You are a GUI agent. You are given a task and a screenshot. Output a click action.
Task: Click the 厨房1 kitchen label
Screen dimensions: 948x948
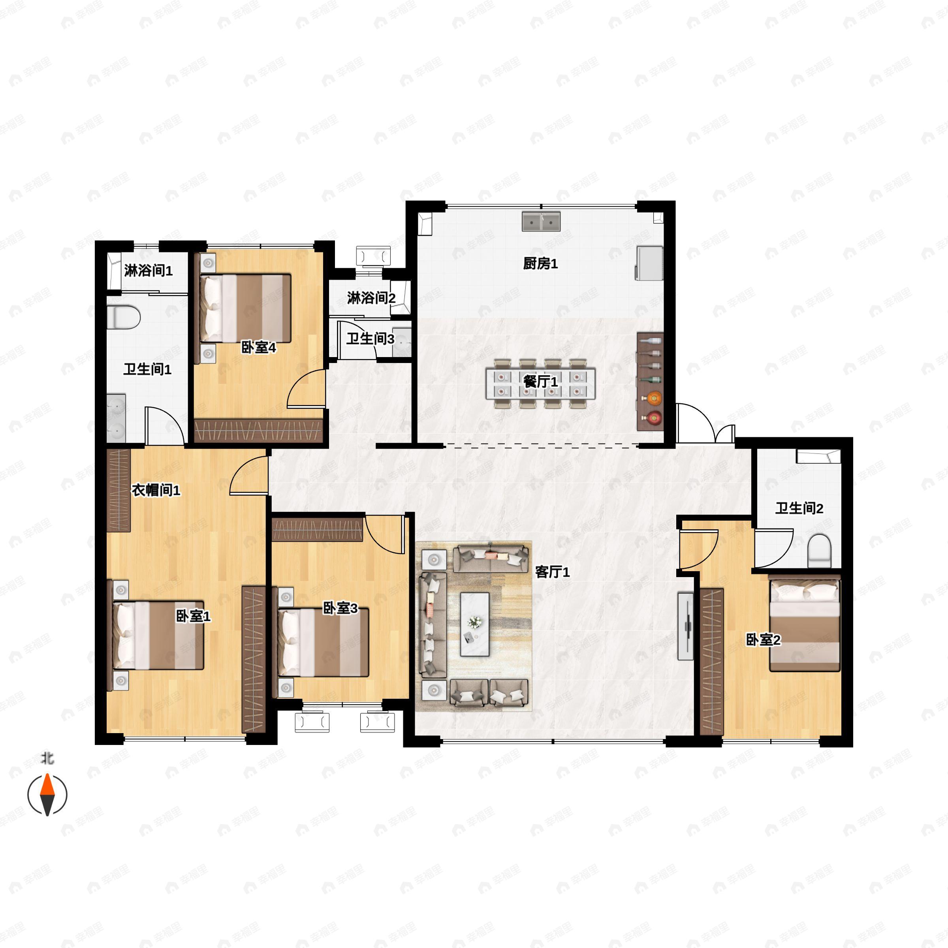pos(540,264)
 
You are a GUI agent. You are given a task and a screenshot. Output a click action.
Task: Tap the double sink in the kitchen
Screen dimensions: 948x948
pos(541,221)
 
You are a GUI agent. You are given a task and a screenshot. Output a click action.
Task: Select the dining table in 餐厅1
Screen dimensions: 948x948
pos(540,384)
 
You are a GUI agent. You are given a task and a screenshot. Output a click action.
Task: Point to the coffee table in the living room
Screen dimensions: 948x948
pos(474,624)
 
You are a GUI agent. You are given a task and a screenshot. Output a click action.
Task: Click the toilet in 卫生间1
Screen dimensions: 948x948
pos(123,317)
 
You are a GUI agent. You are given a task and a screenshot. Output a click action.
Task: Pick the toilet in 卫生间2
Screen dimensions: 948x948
pos(819,551)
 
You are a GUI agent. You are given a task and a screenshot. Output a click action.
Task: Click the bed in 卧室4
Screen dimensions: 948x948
pos(245,308)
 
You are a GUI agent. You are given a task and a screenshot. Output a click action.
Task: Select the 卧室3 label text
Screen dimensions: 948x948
pos(340,608)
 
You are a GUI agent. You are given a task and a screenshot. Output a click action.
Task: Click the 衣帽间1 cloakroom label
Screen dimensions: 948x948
pos(156,490)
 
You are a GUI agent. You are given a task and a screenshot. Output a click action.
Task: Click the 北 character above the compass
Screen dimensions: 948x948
pos(47,758)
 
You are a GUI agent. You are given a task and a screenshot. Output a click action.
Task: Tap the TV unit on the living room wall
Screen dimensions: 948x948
pos(685,626)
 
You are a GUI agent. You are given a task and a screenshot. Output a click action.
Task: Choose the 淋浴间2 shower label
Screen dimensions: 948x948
pos(371,298)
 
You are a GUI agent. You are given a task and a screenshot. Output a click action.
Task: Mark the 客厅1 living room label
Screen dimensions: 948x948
pos(552,572)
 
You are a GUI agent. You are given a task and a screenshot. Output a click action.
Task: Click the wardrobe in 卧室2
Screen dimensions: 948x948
pos(711,662)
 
